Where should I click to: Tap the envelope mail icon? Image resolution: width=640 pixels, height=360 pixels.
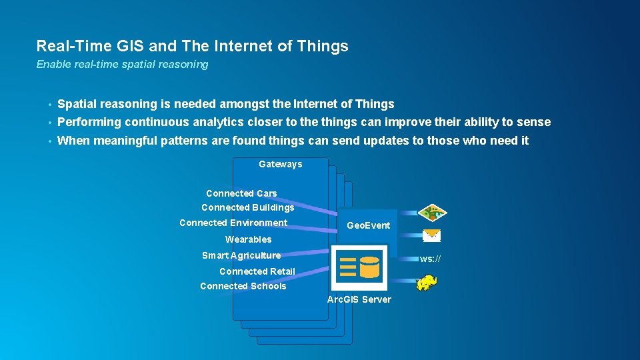click(431, 235)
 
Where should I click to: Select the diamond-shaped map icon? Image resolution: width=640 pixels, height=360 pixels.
click(432, 213)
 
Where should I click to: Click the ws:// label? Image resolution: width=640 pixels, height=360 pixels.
click(430, 259)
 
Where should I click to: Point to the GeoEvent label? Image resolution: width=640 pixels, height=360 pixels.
click(368, 225)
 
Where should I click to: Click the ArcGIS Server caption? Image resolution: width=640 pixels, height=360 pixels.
click(359, 299)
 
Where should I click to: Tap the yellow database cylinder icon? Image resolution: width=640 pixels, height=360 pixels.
click(369, 267)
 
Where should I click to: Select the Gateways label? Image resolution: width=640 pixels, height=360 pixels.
click(280, 164)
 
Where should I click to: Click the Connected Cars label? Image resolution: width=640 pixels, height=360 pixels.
click(241, 193)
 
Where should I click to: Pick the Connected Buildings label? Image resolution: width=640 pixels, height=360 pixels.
click(248, 207)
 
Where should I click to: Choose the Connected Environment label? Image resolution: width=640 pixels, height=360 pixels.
click(233, 223)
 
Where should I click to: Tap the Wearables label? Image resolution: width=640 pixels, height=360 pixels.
click(248, 239)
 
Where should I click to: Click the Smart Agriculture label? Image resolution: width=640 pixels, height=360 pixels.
click(241, 255)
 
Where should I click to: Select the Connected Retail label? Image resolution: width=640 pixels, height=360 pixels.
click(257, 271)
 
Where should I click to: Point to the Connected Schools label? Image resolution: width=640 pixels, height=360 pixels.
click(243, 286)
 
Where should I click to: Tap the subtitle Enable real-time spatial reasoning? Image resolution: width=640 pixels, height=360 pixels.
click(122, 64)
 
